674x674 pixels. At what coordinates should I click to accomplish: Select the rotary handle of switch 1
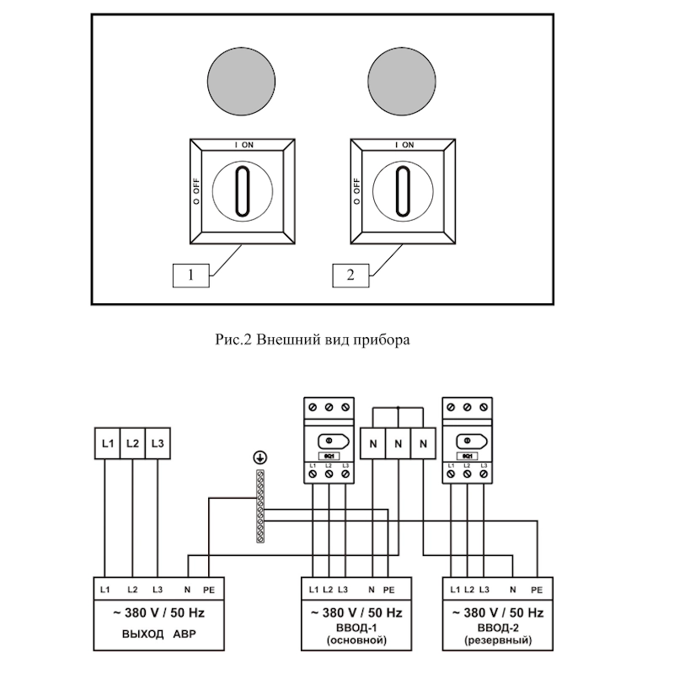point(242,191)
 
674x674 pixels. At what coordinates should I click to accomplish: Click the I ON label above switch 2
point(403,145)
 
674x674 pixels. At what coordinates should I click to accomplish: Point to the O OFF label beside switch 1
point(195,191)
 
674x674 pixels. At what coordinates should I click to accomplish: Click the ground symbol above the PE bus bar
point(259,457)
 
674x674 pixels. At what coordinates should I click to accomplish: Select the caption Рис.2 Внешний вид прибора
point(313,341)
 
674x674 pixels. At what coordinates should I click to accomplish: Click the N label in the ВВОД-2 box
point(513,589)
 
